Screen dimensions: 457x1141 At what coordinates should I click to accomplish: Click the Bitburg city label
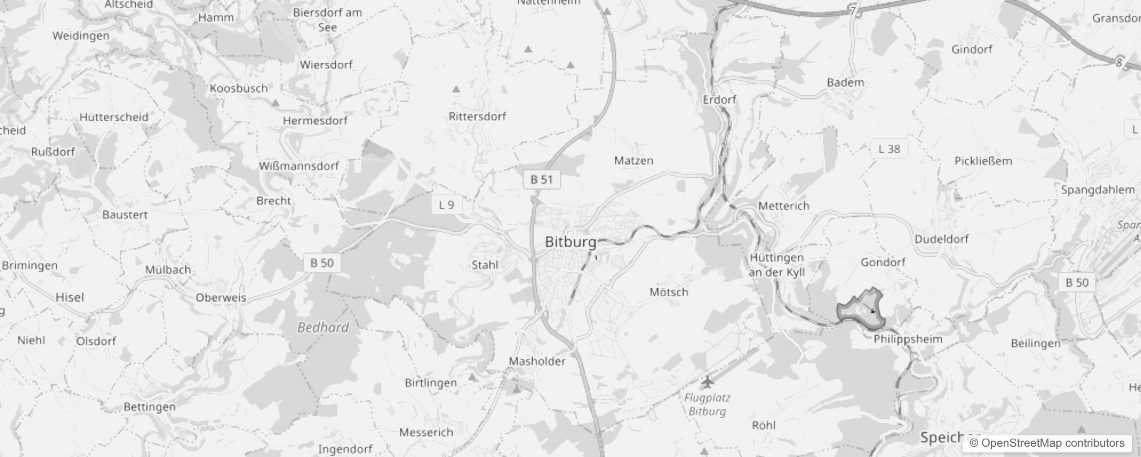[x=570, y=242]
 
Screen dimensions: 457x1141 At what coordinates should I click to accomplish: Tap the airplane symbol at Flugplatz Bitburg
[x=708, y=381]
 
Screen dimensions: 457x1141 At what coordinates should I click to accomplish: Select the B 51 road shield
[x=541, y=179]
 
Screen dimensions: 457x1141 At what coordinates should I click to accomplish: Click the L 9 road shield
[x=446, y=205]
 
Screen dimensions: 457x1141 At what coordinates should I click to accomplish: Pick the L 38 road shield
[x=889, y=149]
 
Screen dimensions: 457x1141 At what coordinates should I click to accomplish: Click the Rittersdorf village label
[x=477, y=117]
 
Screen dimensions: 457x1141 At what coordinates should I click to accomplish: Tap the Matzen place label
[x=633, y=161]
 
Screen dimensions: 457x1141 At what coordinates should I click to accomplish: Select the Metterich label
[x=784, y=206]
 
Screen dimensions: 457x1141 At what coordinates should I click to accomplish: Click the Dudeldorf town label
[x=941, y=239]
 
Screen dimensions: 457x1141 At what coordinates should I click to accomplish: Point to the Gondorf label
[x=883, y=262]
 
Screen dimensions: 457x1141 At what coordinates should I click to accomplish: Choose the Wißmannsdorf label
[x=299, y=166]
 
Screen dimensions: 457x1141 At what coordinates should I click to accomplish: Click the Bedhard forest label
[x=323, y=327]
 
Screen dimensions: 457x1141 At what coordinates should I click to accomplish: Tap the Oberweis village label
[x=221, y=298]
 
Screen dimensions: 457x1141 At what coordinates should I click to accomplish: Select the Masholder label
[x=537, y=361]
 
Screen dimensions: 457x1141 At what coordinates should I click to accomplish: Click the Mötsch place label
[x=669, y=292]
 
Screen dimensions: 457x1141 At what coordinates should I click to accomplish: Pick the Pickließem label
[x=983, y=161]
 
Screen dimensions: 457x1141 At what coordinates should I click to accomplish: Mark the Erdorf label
[x=720, y=99]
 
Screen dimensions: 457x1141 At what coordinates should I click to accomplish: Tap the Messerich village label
[x=426, y=432]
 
